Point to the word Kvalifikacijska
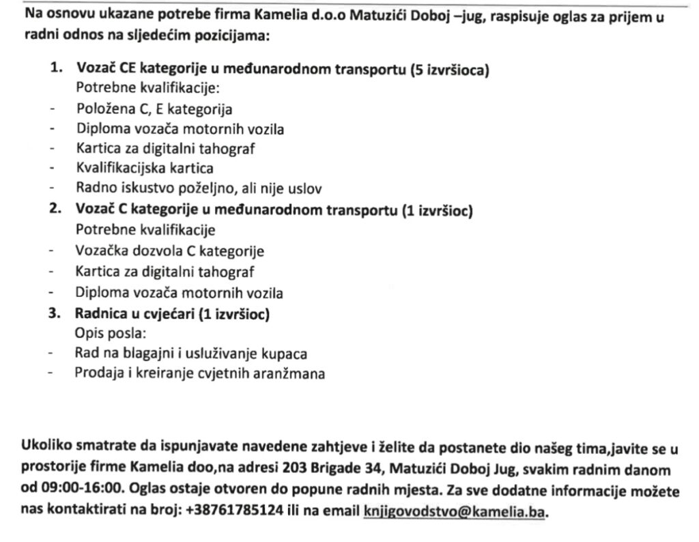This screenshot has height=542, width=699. click(x=118, y=167)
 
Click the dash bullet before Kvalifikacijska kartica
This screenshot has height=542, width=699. click(x=50, y=167)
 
